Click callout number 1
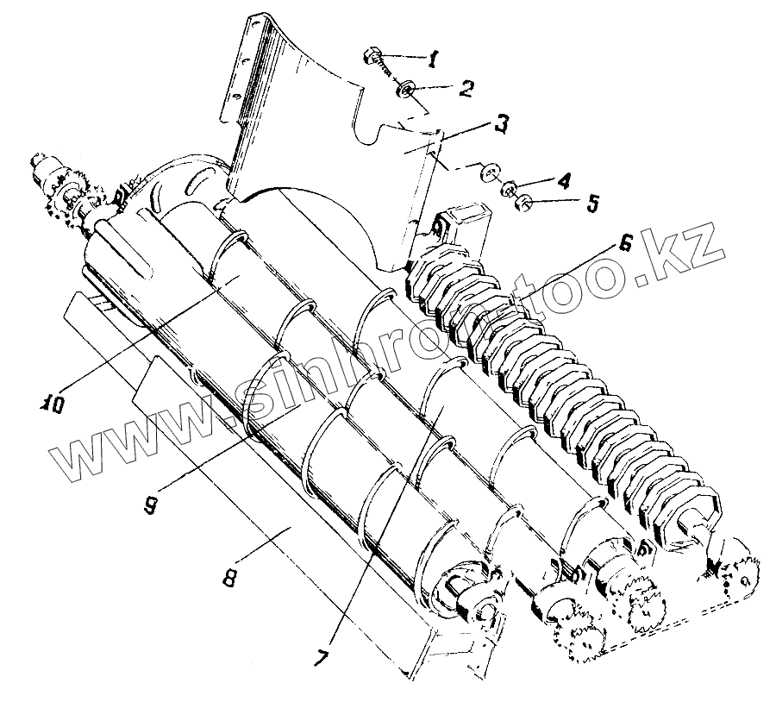coord(434,60)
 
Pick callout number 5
coord(592,205)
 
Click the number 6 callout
coord(625,244)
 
